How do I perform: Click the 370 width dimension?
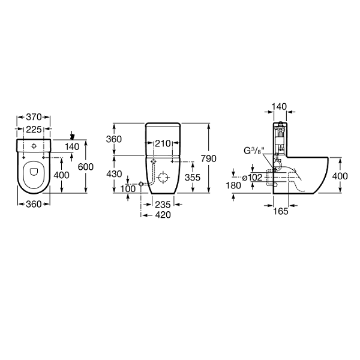click(34, 117)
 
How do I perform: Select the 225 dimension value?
click(34, 130)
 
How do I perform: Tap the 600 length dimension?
click(86, 167)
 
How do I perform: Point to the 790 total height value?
click(208, 158)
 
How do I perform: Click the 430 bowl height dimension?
click(114, 174)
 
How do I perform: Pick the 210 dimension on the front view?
click(163, 144)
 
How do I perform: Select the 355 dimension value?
click(193, 177)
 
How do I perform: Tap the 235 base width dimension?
click(163, 205)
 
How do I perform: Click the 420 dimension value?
click(163, 215)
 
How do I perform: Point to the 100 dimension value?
click(128, 189)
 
